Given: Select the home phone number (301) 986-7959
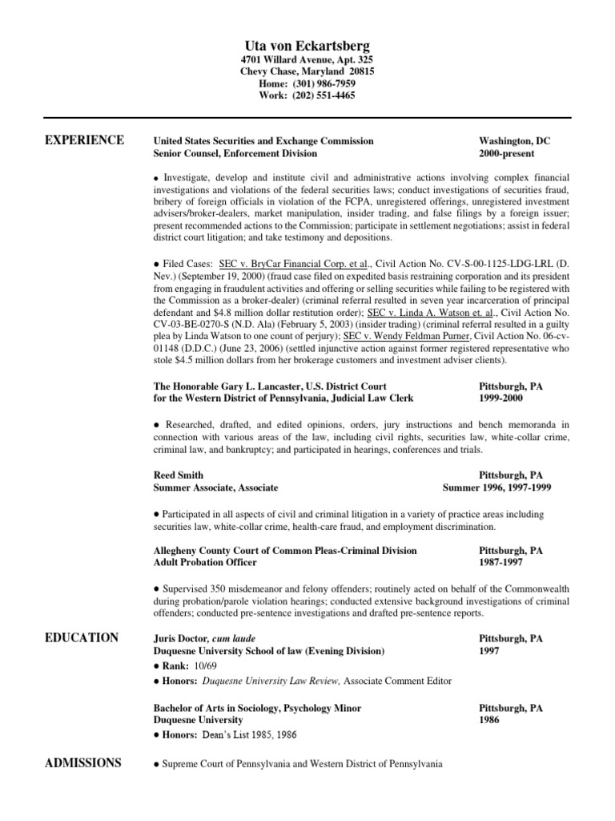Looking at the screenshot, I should tap(323, 83).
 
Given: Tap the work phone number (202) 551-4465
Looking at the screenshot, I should tap(323, 95).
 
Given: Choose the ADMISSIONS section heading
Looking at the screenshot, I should tap(84, 762).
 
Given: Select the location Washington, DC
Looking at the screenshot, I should tap(515, 141).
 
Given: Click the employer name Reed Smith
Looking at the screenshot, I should tap(178, 475).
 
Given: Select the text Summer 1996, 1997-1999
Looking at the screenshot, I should tap(496, 487).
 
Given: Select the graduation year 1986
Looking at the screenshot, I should tap(489, 721).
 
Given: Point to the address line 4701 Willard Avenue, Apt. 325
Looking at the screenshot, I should tap(307, 60).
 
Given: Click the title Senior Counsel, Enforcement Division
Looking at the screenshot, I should tap(235, 153).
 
